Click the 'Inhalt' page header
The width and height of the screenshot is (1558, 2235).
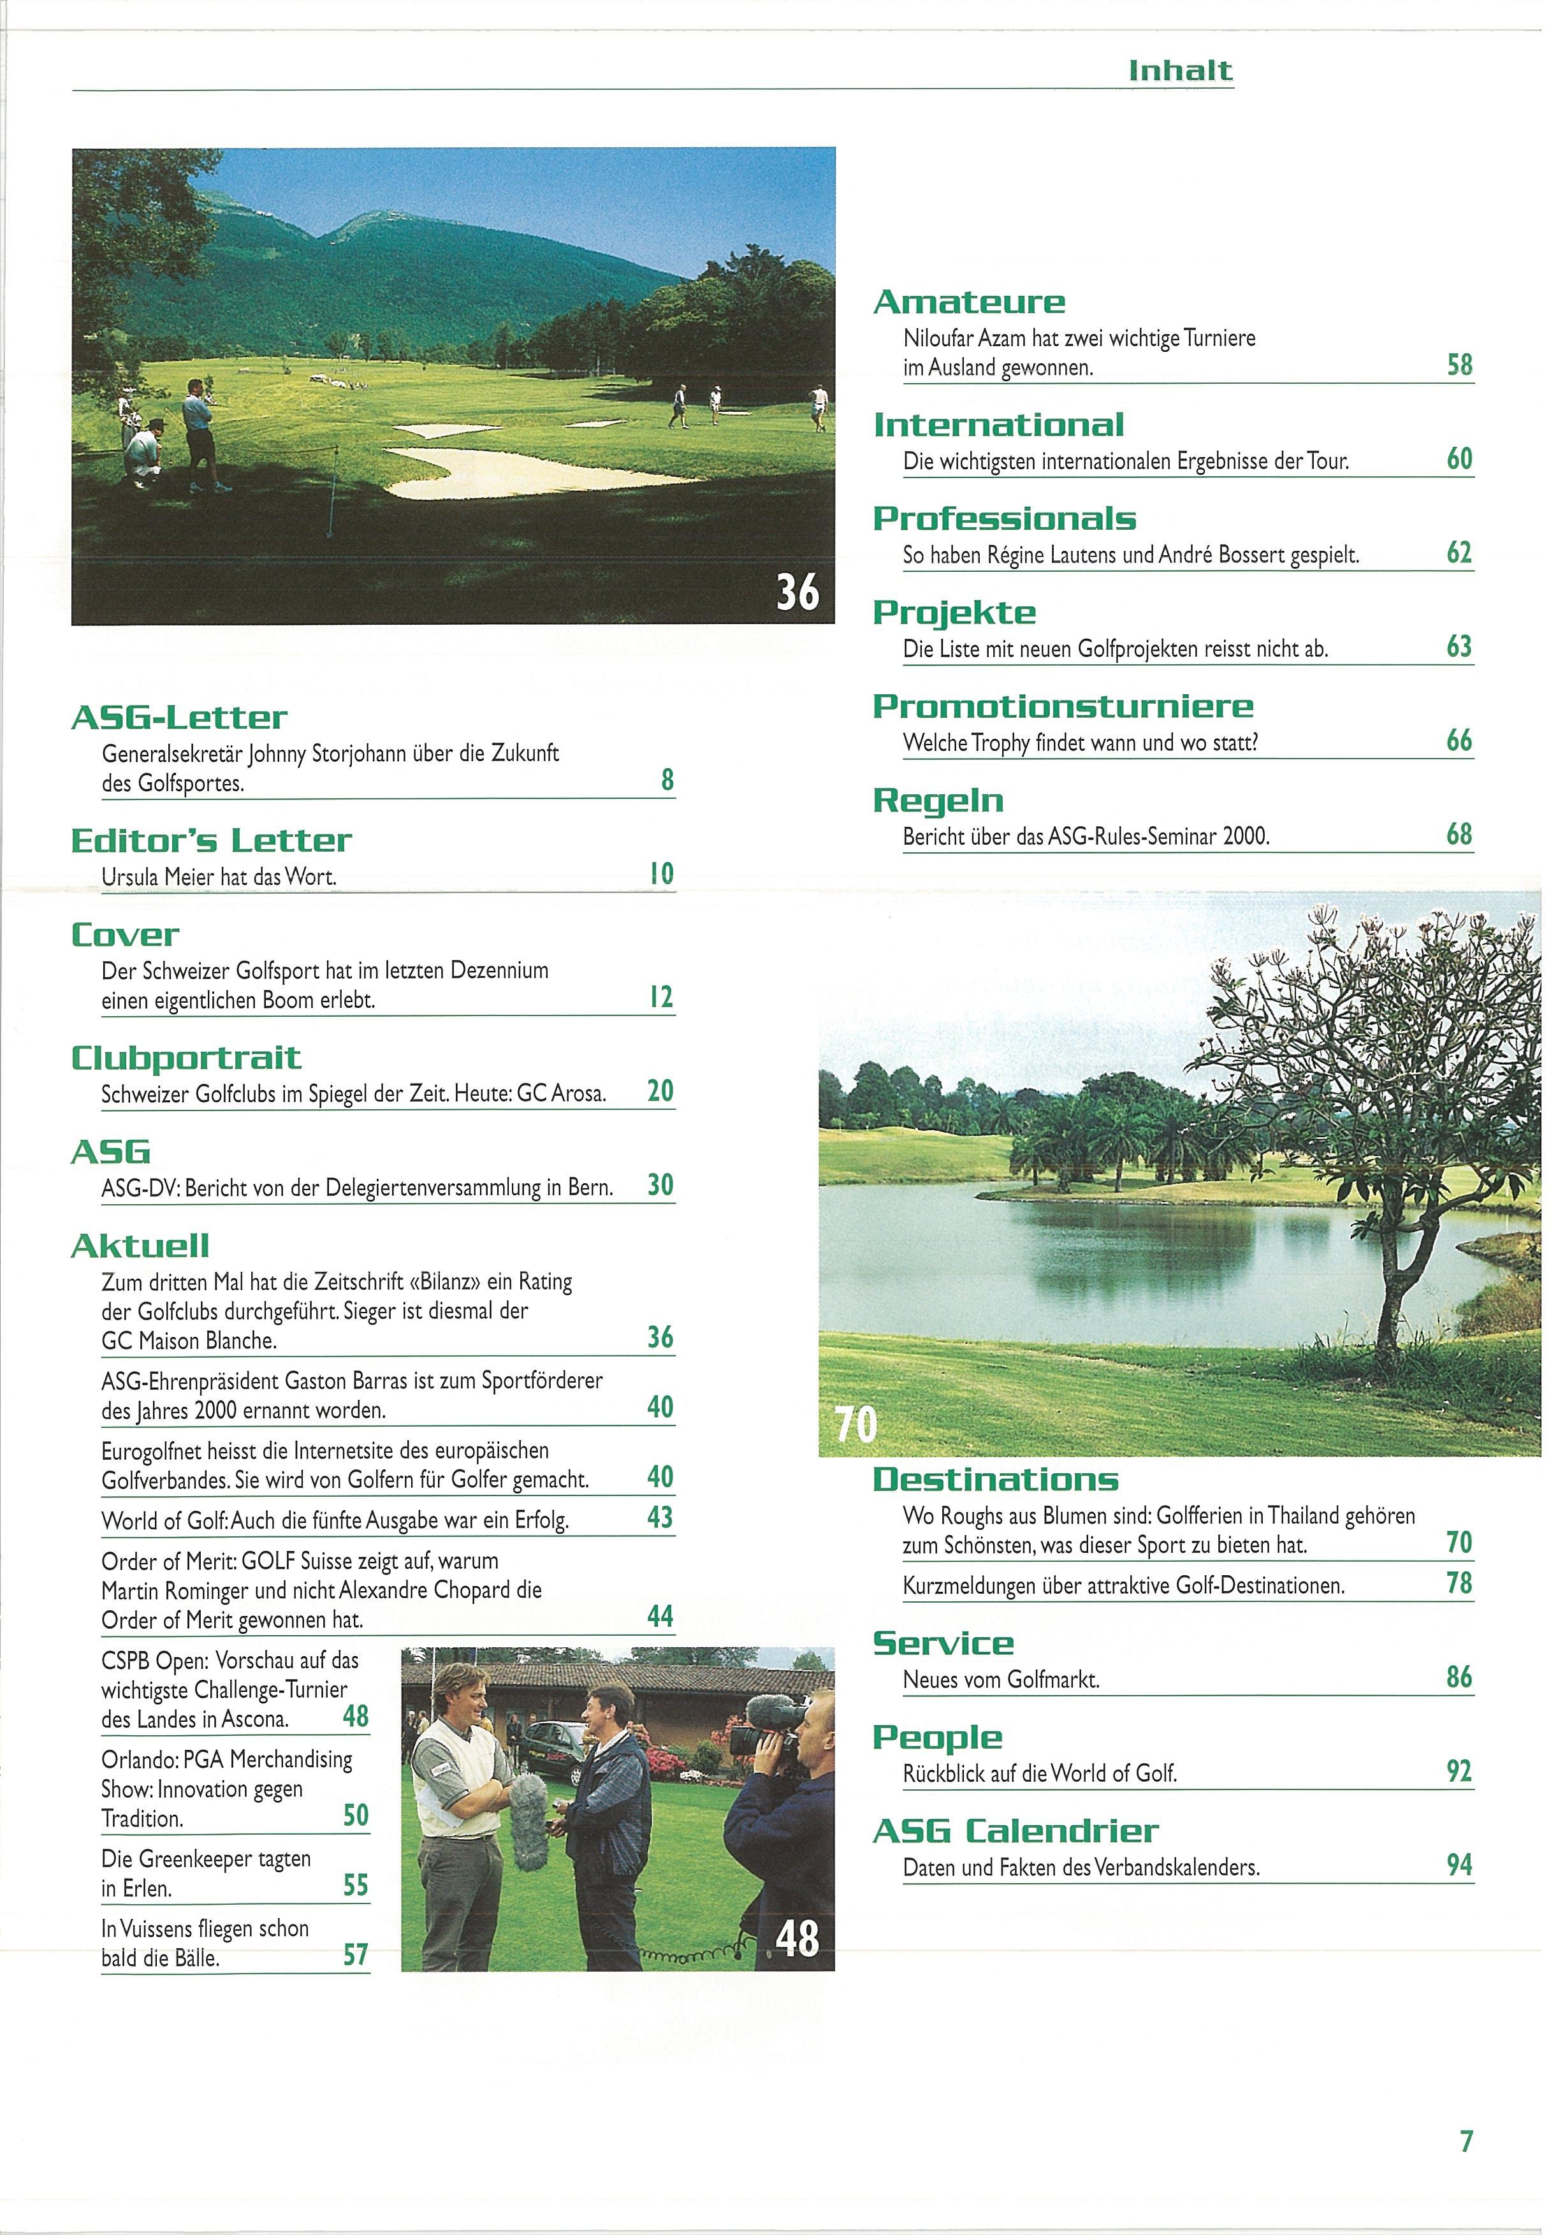click(x=1179, y=70)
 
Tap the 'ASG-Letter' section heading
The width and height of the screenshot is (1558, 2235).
click(x=179, y=718)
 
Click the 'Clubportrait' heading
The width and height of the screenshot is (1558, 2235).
click(x=186, y=1058)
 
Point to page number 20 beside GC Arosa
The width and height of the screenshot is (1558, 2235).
click(x=660, y=1091)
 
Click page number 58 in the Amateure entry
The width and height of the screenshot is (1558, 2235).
click(x=1460, y=366)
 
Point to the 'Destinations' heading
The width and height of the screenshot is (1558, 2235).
click(x=996, y=1480)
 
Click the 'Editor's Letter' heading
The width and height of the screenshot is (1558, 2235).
click(x=211, y=841)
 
